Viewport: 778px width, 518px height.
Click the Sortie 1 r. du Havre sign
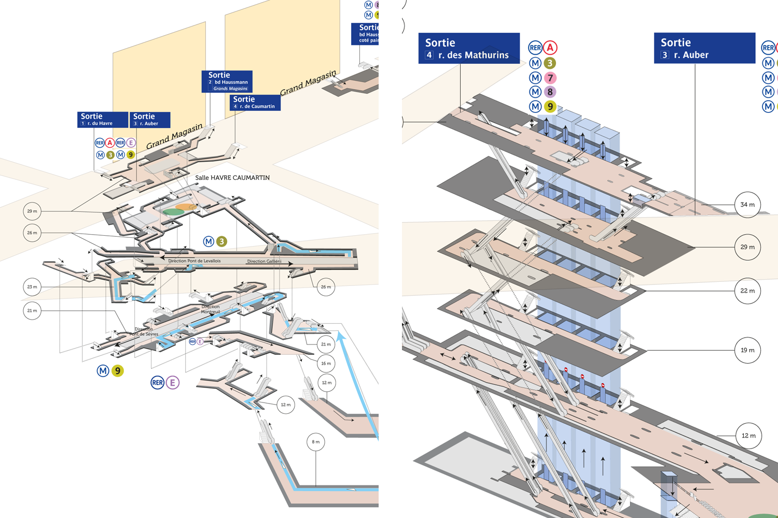coord(103,119)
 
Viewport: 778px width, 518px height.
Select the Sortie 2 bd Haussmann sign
coord(227,81)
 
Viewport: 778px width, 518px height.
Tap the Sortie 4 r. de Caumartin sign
coord(255,102)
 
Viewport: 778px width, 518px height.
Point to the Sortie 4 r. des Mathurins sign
coord(468,48)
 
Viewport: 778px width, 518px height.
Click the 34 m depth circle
coord(747,205)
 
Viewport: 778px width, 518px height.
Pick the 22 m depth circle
coord(747,291)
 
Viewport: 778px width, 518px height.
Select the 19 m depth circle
coord(747,350)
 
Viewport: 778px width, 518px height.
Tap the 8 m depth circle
coord(315,442)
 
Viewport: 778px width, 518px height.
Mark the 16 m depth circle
coord(326,363)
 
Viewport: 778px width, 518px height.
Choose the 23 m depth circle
coord(32,286)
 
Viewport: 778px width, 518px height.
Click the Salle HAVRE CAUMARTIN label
coord(232,178)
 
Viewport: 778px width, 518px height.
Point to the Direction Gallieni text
coord(264,262)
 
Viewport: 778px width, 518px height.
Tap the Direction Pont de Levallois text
coord(194,261)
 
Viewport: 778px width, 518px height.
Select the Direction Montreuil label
coord(211,309)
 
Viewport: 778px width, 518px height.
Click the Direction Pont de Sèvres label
coord(144,332)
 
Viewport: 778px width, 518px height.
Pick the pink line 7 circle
coord(550,78)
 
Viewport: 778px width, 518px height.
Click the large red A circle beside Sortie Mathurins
coord(550,48)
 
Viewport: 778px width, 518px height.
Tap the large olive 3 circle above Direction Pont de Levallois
coord(221,241)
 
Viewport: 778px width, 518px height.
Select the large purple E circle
coord(172,383)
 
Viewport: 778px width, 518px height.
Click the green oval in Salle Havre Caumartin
coord(173,212)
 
